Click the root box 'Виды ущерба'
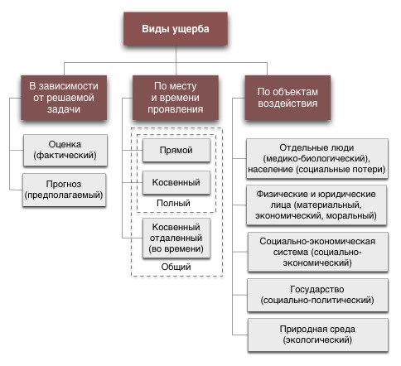(x=176, y=28)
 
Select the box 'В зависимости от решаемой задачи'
(x=64, y=98)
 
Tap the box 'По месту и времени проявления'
(x=176, y=98)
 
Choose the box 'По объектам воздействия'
(x=287, y=98)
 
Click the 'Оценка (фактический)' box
(x=65, y=150)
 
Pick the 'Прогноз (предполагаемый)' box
(x=64, y=190)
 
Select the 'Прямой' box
(x=176, y=150)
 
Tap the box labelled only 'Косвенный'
(x=176, y=182)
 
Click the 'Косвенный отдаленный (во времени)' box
(x=176, y=238)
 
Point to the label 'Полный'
(x=173, y=203)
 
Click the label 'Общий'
(x=176, y=267)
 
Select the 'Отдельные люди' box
(x=317, y=159)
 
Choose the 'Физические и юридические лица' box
(x=316, y=205)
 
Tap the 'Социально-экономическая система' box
(x=318, y=252)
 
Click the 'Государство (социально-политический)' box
(x=317, y=295)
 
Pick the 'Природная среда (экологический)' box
(x=318, y=335)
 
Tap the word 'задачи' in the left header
(x=64, y=109)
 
